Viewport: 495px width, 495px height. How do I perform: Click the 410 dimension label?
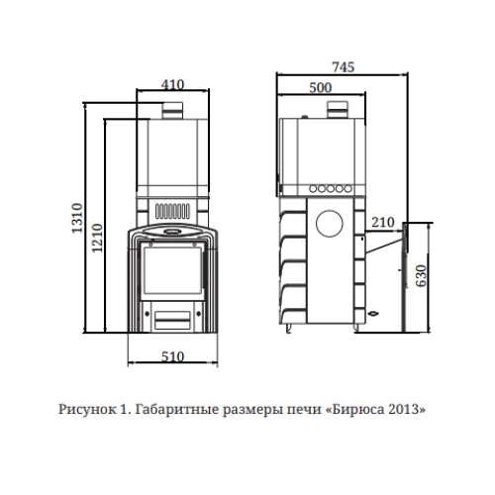pos(172,85)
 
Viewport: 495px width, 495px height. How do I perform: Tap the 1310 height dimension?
pos(77,219)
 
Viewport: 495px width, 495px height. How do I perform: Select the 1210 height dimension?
pos(97,239)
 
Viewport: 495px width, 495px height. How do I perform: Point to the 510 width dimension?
pos(172,356)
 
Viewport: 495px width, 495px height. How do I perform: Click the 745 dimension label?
pos(344,67)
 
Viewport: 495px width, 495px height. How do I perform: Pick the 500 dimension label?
pos(321,88)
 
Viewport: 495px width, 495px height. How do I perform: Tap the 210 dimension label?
pos(383,223)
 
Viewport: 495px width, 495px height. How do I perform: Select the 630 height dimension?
pos(422,276)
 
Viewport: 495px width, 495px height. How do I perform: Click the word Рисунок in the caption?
pos(87,409)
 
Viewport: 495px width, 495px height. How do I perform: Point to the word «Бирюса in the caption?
pos(355,410)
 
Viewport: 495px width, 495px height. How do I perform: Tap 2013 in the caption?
pos(404,409)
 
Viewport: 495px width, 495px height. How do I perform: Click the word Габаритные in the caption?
pos(177,410)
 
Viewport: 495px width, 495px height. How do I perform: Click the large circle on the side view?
pos(330,224)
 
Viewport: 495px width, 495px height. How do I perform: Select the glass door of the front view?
pos(172,270)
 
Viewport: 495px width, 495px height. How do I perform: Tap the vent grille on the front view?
pos(172,211)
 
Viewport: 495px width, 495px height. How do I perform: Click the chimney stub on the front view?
pos(172,111)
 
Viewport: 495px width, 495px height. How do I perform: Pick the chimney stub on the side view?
pos(338,110)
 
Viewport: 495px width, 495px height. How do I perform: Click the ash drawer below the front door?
pos(172,320)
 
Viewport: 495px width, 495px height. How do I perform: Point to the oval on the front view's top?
pos(171,232)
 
